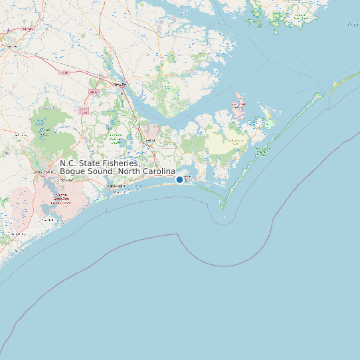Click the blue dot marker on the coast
(x=179, y=179)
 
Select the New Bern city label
(x=120, y=85)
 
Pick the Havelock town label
(x=151, y=140)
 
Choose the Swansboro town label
(x=117, y=187)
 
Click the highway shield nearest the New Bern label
(x=94, y=91)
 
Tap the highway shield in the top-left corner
(x=27, y=30)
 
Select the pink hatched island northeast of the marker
(x=238, y=107)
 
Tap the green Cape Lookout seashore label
(x=262, y=150)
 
